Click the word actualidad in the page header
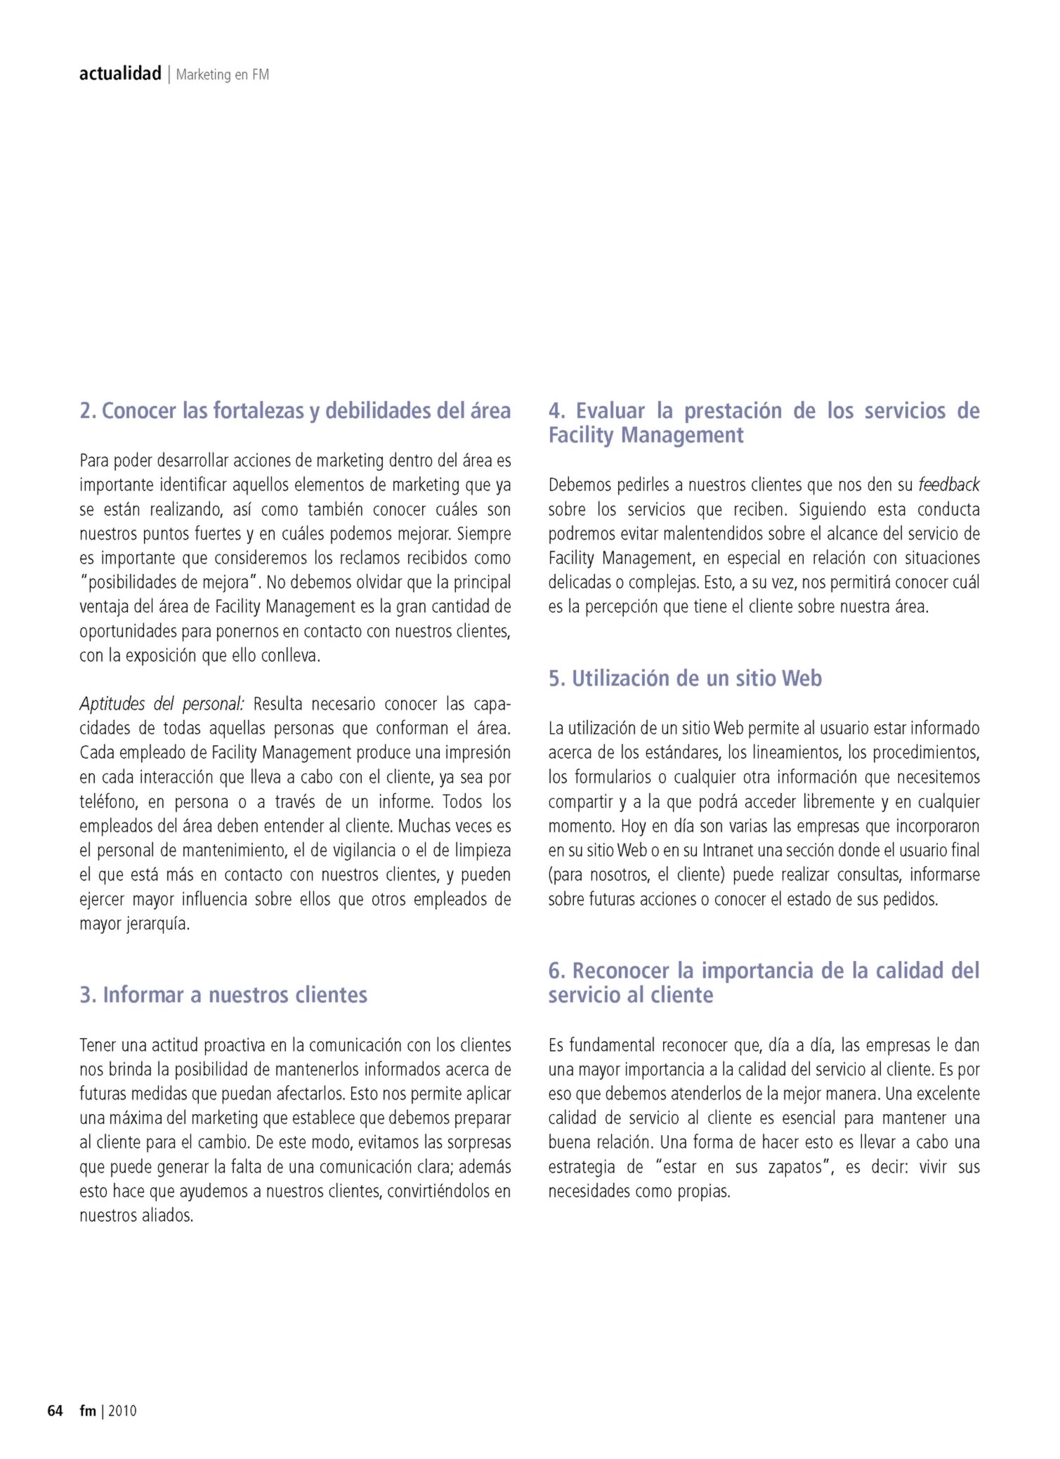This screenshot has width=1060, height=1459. (120, 74)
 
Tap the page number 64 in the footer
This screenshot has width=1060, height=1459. (55, 1411)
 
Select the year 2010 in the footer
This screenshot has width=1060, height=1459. (122, 1411)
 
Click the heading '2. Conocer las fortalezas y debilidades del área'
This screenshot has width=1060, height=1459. (295, 410)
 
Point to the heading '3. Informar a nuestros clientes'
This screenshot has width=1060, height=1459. (223, 995)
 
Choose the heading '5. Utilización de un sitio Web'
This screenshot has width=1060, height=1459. (685, 678)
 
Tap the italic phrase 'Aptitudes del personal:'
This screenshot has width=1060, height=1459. (162, 704)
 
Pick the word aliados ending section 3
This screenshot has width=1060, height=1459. (167, 1216)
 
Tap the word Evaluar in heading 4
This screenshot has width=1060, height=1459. (610, 410)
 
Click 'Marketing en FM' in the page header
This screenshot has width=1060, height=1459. (222, 74)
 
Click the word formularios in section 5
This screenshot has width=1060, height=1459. (613, 777)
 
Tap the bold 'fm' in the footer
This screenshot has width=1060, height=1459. (88, 1411)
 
